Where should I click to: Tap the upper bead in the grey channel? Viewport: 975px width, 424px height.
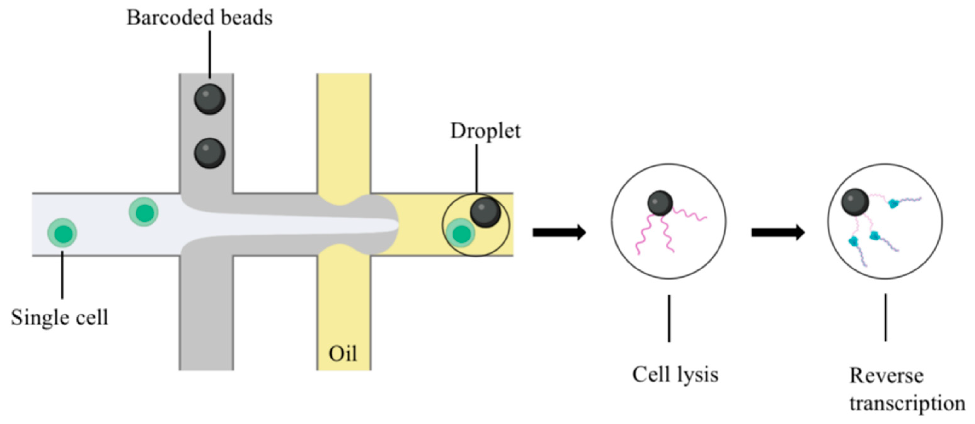point(210,99)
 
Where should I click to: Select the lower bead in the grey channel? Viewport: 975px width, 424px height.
point(210,153)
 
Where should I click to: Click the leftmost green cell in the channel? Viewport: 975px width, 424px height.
point(62,233)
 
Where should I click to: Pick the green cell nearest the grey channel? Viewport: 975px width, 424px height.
point(144,212)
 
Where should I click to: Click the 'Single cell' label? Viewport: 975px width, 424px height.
point(60,317)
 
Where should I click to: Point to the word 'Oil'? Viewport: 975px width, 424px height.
point(343,354)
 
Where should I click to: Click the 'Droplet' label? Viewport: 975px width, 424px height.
point(485,131)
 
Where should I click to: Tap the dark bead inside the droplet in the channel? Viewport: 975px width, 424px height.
point(486,212)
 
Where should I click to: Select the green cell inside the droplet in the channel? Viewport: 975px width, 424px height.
point(460,233)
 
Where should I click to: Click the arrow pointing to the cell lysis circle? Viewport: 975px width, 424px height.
point(559,232)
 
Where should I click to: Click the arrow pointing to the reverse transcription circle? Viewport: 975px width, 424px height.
point(778,232)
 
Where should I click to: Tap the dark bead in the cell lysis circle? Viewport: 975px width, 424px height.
point(660,203)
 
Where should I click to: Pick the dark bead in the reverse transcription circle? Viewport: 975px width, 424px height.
point(855,202)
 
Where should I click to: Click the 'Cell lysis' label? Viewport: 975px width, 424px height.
point(675,375)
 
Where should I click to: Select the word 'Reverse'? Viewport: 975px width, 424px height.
point(886,376)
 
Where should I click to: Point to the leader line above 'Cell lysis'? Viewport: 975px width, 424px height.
point(669,319)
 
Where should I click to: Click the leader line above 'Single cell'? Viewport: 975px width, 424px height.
point(62,274)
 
